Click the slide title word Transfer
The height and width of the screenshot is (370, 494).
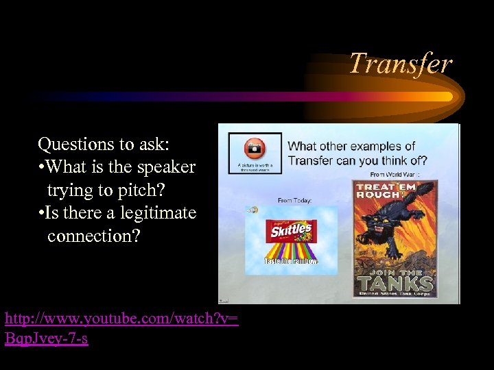point(401,64)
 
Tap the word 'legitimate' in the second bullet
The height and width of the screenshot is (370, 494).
point(158,213)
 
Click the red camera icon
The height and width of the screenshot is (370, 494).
point(255,147)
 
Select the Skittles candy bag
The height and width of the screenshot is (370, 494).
point(291,231)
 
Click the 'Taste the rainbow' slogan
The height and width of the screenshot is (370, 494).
point(291,262)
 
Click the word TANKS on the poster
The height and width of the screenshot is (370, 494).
point(394,282)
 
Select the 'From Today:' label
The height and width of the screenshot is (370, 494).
point(295,200)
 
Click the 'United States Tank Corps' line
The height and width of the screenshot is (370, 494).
point(394,295)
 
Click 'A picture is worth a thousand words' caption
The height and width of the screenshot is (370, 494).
point(255,167)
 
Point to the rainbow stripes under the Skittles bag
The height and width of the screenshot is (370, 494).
point(292,252)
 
